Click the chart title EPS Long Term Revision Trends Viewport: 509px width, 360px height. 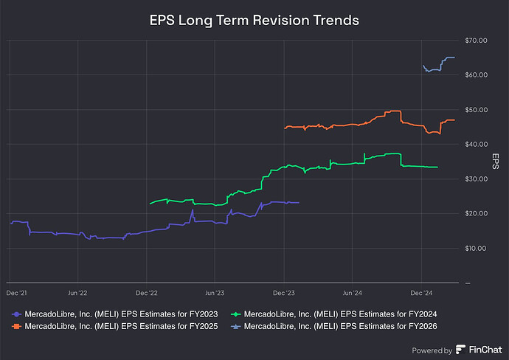click(254, 20)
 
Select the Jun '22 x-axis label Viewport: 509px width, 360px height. click(77, 293)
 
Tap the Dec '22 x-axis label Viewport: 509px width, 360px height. click(147, 293)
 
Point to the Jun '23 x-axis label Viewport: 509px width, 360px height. click(215, 293)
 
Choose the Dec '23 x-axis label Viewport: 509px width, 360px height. click(284, 293)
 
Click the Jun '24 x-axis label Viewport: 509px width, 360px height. click(353, 293)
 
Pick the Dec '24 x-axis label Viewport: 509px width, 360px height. click(421, 293)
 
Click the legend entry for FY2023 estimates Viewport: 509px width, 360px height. click(118, 314)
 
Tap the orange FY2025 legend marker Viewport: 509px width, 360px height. click(16, 326)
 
